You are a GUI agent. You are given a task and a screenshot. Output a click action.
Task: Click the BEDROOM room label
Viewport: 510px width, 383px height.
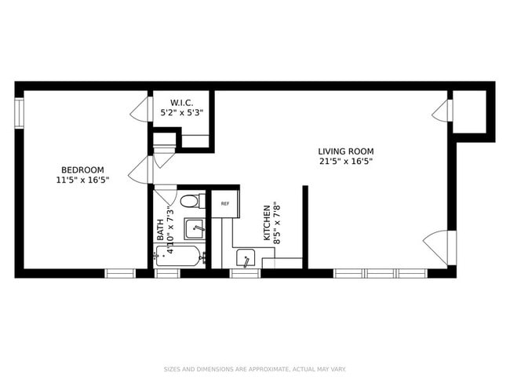(x=82, y=170)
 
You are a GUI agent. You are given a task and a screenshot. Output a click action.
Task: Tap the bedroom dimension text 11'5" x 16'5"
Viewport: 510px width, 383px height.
(x=82, y=180)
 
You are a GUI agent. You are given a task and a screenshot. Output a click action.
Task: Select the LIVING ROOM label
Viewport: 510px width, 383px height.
(x=345, y=151)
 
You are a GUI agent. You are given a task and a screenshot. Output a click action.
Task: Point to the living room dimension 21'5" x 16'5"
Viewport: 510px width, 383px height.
(x=345, y=162)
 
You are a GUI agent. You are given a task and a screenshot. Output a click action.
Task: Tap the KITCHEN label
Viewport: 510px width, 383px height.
(x=267, y=224)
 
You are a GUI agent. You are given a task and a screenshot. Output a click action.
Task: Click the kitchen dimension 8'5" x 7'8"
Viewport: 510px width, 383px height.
(x=277, y=224)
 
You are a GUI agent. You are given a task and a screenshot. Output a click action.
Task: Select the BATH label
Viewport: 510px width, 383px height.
(x=161, y=230)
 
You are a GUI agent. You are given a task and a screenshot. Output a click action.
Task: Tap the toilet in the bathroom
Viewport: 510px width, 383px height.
(x=190, y=202)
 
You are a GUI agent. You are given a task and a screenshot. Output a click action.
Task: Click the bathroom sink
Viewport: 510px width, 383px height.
(x=195, y=228)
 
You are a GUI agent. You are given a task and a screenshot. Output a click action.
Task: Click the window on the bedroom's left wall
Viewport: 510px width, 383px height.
(x=19, y=111)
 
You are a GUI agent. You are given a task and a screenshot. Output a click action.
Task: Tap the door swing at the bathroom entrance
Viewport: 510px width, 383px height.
(x=165, y=193)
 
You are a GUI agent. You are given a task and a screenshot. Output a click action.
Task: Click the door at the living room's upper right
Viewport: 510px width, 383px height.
(x=441, y=111)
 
